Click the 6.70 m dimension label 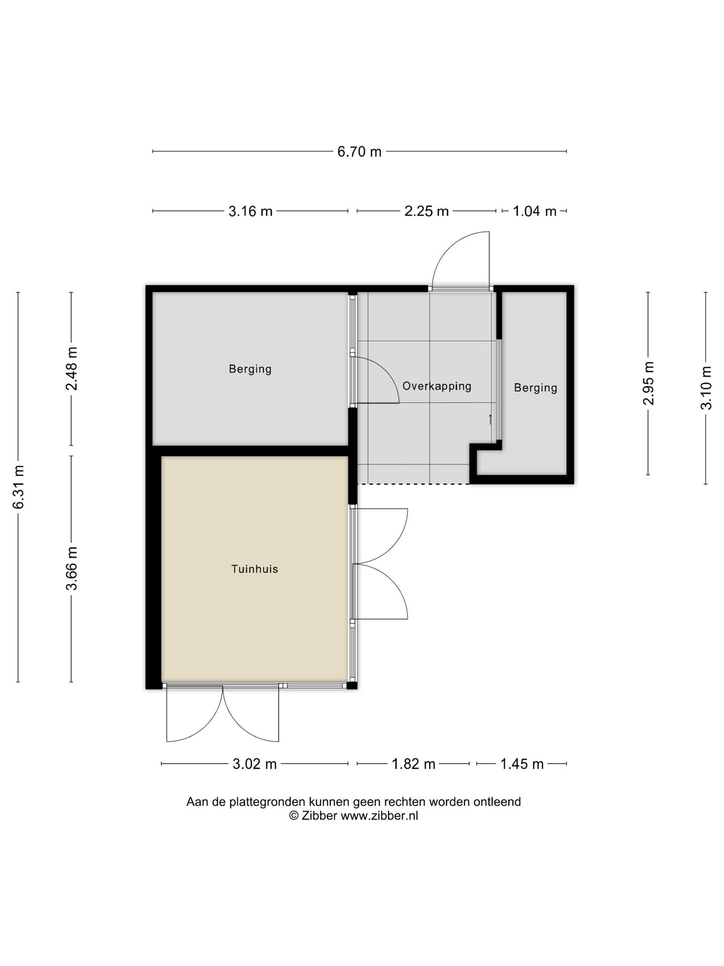pyautogui.click(x=359, y=151)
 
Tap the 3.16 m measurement pyautogui.click(x=250, y=211)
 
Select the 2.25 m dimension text pyautogui.click(x=426, y=211)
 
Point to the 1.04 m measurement pyautogui.click(x=534, y=211)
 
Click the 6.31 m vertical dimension pyautogui.click(x=19, y=487)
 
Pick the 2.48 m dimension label pyautogui.click(x=71, y=369)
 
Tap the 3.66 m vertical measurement pyautogui.click(x=71, y=569)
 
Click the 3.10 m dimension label pyautogui.click(x=706, y=388)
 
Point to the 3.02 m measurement pyautogui.click(x=254, y=764)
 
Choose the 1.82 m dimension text pyautogui.click(x=413, y=764)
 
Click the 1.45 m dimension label pyautogui.click(x=522, y=764)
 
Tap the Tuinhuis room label pyautogui.click(x=254, y=569)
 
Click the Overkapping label pyautogui.click(x=437, y=386)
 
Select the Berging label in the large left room pyautogui.click(x=250, y=369)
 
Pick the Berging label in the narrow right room pyautogui.click(x=535, y=388)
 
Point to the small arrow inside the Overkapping pyautogui.click(x=490, y=420)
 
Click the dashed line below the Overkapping pyautogui.click(x=413, y=484)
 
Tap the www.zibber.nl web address pyautogui.click(x=379, y=816)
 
